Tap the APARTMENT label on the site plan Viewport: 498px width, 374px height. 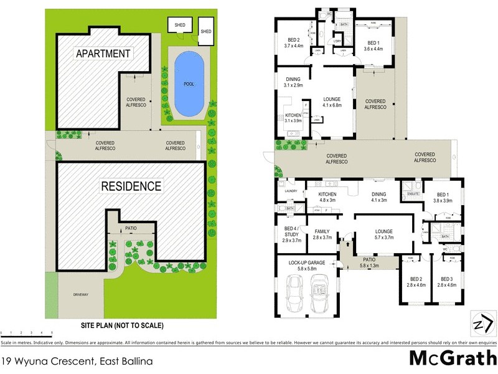click(x=103, y=53)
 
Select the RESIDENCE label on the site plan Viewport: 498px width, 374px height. click(x=132, y=186)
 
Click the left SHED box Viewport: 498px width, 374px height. click(x=180, y=26)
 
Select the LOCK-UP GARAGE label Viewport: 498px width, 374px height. click(x=304, y=266)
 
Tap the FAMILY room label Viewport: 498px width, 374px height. click(x=322, y=234)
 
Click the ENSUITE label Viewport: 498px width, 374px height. click(x=411, y=194)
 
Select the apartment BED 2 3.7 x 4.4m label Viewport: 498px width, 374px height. click(x=293, y=41)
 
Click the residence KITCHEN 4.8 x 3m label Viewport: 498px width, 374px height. click(x=327, y=197)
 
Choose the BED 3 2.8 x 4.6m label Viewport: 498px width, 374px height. click(x=448, y=282)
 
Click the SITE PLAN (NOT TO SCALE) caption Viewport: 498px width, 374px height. click(x=123, y=325)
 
